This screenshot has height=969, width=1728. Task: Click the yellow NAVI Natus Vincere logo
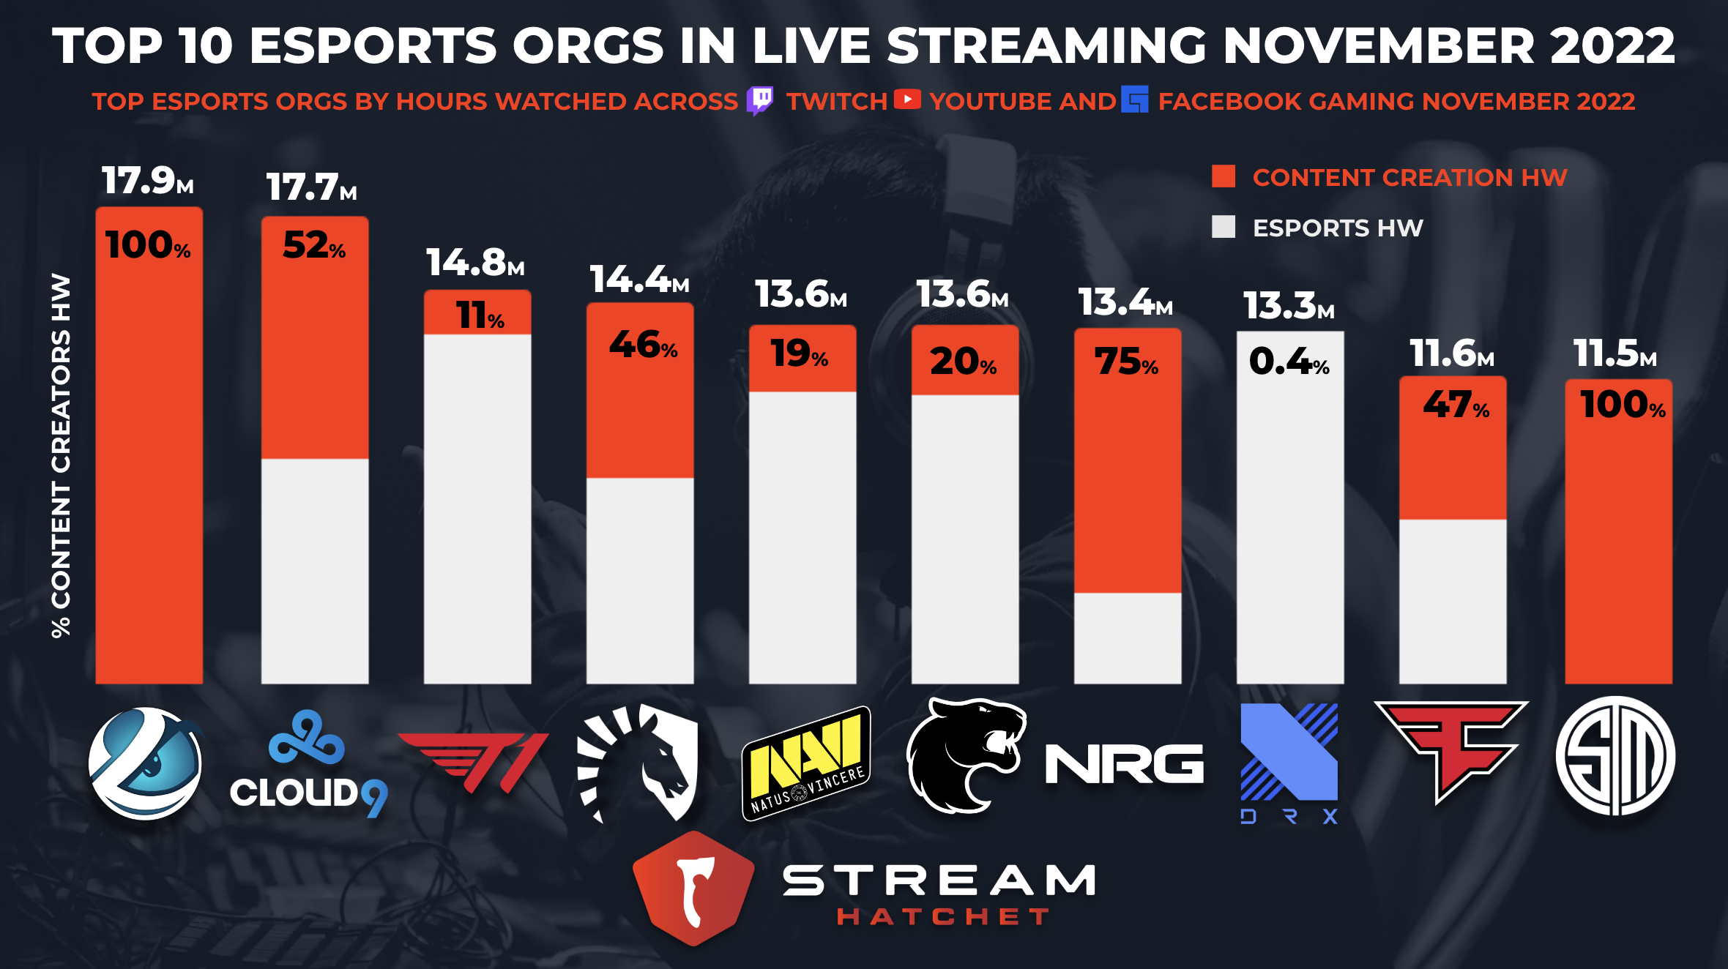pyautogui.click(x=806, y=763)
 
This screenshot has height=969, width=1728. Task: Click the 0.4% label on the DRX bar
pyautogui.click(x=1289, y=362)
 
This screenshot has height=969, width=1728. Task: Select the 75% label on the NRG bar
pyautogui.click(x=1126, y=362)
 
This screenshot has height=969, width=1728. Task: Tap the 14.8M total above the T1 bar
pyautogui.click(x=475, y=263)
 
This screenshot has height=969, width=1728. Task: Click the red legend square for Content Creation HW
pyautogui.click(x=1223, y=176)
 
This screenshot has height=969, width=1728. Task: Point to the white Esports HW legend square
pyautogui.click(x=1223, y=227)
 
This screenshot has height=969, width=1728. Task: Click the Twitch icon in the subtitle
pyautogui.click(x=760, y=100)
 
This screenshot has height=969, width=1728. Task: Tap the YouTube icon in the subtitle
pyautogui.click(x=907, y=100)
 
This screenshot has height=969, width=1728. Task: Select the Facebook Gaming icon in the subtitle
pyautogui.click(x=1134, y=100)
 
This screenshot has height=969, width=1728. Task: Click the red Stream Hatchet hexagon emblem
pyautogui.click(x=693, y=887)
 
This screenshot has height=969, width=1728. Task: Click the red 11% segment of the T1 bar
pyautogui.click(x=477, y=313)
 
